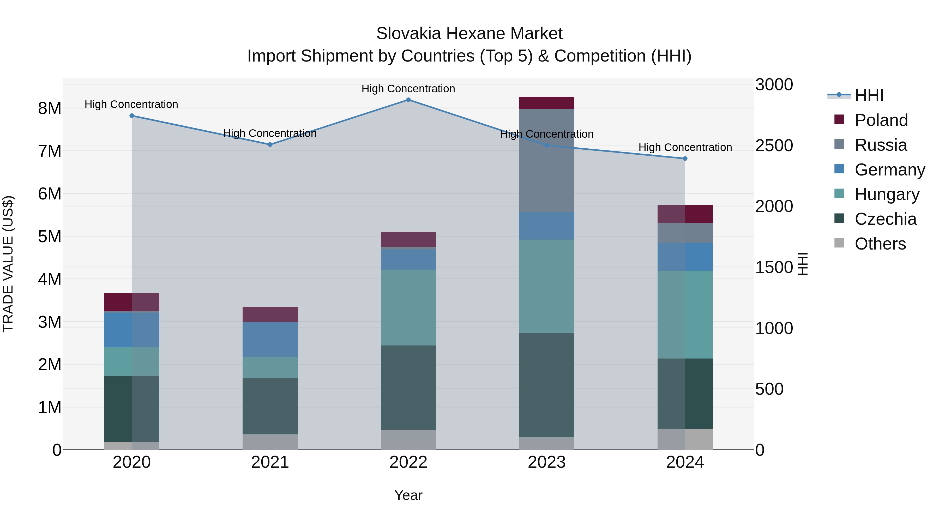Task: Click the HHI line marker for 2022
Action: tap(408, 100)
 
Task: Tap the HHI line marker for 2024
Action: tap(685, 159)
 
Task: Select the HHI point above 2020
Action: tap(132, 116)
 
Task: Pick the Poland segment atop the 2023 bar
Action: tap(546, 103)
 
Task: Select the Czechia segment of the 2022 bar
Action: tap(408, 387)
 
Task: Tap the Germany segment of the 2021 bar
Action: tap(270, 339)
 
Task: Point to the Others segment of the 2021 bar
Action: tap(270, 442)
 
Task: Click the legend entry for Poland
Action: tap(881, 120)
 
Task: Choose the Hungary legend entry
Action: tap(887, 194)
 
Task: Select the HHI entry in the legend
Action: tap(869, 95)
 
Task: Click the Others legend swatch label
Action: tap(880, 244)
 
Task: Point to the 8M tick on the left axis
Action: tap(50, 108)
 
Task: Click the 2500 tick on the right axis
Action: tap(774, 145)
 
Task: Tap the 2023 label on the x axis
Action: tap(546, 462)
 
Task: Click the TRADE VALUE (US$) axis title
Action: tap(8, 264)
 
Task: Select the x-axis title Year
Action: tap(408, 495)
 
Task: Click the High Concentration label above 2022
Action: tap(408, 89)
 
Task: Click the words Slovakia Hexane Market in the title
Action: tap(469, 34)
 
